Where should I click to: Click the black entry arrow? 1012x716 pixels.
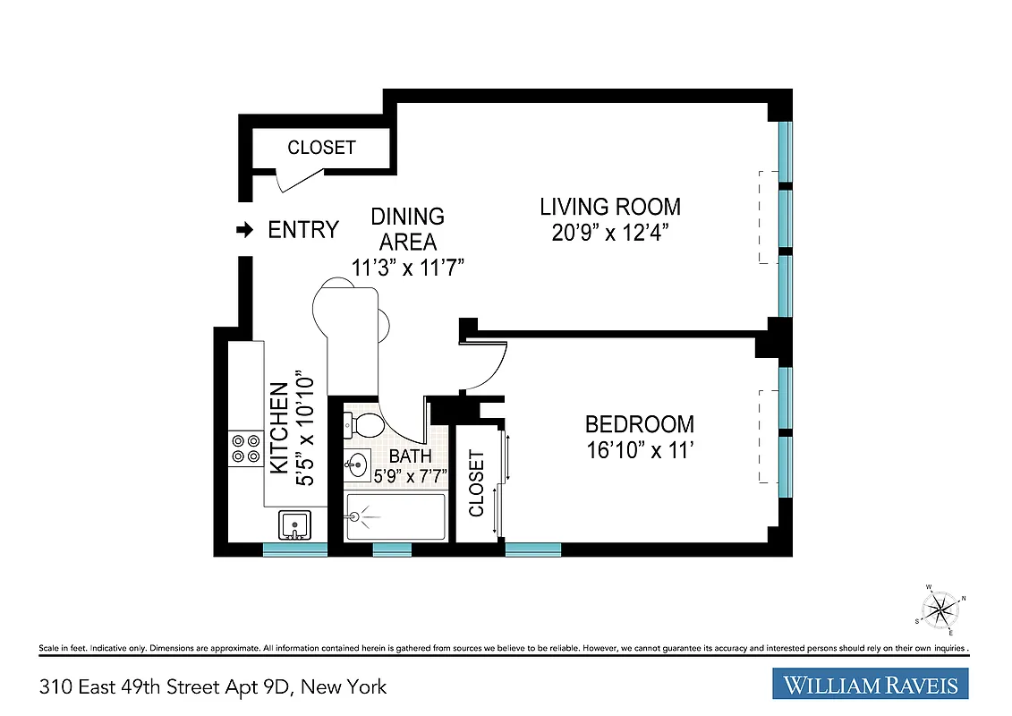pyautogui.click(x=243, y=231)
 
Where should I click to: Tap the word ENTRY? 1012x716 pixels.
pyautogui.click(x=303, y=230)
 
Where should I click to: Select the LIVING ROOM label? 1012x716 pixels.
pyautogui.click(x=609, y=207)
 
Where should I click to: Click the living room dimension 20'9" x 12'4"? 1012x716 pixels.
pyautogui.click(x=610, y=234)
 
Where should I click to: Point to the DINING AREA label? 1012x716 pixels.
pyautogui.click(x=407, y=229)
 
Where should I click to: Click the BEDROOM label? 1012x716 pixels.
pyautogui.click(x=639, y=425)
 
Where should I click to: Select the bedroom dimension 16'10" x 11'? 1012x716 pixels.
pyautogui.click(x=640, y=450)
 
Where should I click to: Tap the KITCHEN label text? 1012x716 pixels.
pyautogui.click(x=279, y=428)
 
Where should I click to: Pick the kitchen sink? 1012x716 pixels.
pyautogui.click(x=293, y=524)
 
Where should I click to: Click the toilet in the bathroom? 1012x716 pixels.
pyautogui.click(x=365, y=423)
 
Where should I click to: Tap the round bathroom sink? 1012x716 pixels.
pyautogui.click(x=356, y=464)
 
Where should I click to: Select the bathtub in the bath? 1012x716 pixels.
pyautogui.click(x=395, y=517)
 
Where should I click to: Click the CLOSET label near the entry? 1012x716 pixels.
pyautogui.click(x=321, y=148)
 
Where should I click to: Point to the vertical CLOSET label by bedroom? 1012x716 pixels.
pyautogui.click(x=476, y=484)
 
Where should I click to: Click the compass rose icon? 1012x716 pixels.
pyautogui.click(x=939, y=609)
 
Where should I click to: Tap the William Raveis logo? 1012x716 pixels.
pyautogui.click(x=870, y=686)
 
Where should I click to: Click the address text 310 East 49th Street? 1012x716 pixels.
pyautogui.click(x=213, y=687)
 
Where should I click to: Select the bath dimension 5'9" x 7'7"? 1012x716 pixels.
pyautogui.click(x=411, y=474)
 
